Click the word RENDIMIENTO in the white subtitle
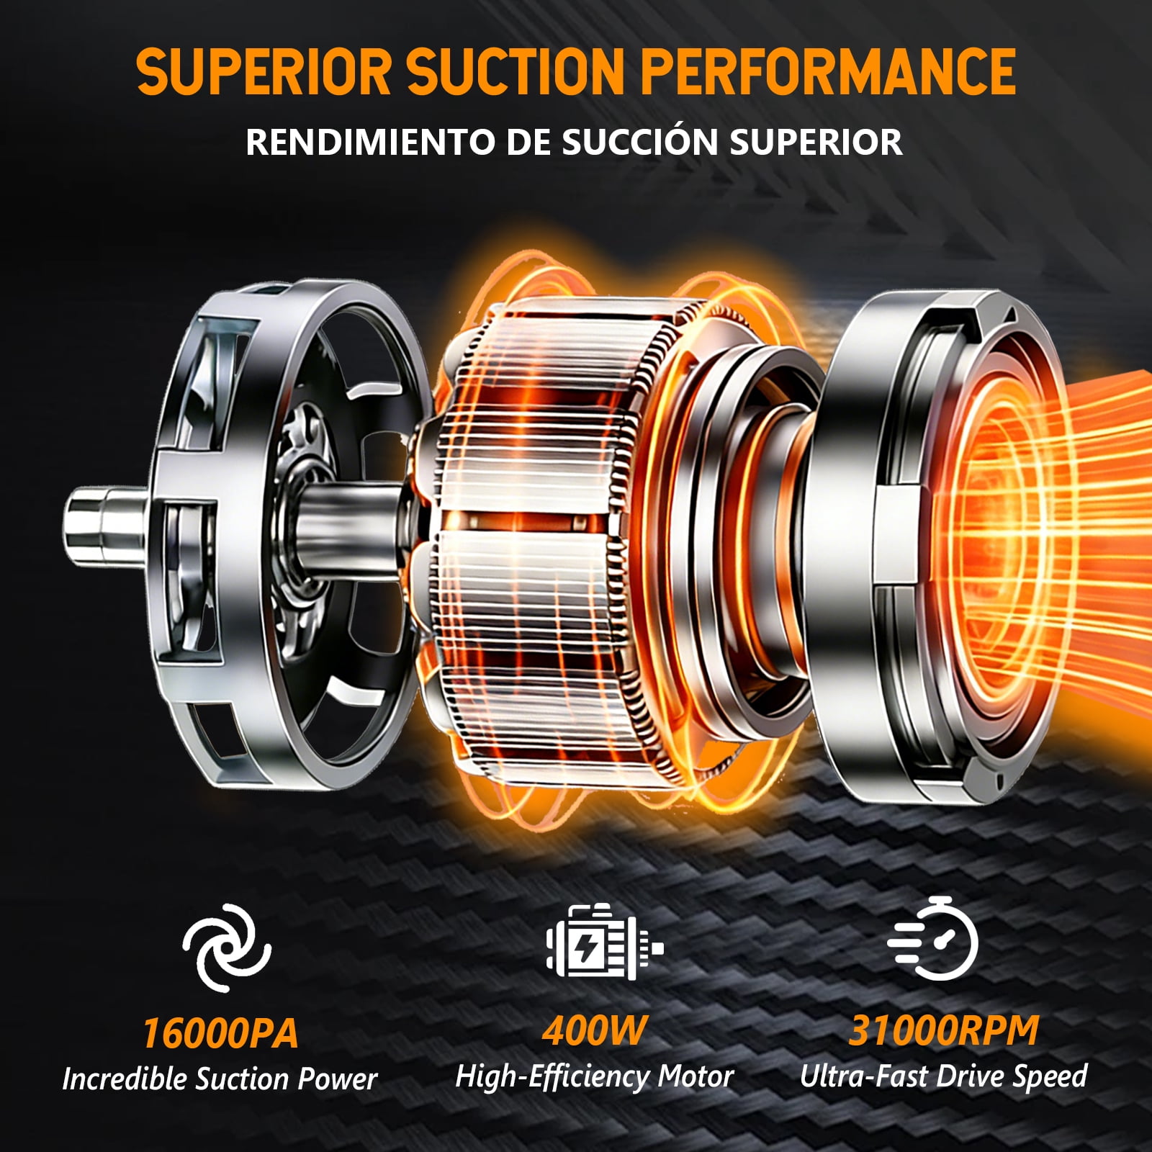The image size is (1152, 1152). tap(371, 142)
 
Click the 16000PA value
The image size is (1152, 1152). tap(220, 1033)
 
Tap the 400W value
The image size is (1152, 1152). tap(595, 1030)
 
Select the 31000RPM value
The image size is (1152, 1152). tap(944, 1030)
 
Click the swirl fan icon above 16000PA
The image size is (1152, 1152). tap(227, 948)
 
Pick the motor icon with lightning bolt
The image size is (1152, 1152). tap(603, 941)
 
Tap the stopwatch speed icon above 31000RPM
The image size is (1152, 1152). tap(933, 938)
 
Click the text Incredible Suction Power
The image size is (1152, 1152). tap(220, 1079)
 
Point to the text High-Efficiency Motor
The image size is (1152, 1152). tap(595, 1076)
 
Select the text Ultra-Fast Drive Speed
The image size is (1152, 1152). tap(944, 1076)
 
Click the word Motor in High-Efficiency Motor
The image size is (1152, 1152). tap(696, 1076)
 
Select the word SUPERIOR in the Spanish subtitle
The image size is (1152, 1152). tap(816, 142)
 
